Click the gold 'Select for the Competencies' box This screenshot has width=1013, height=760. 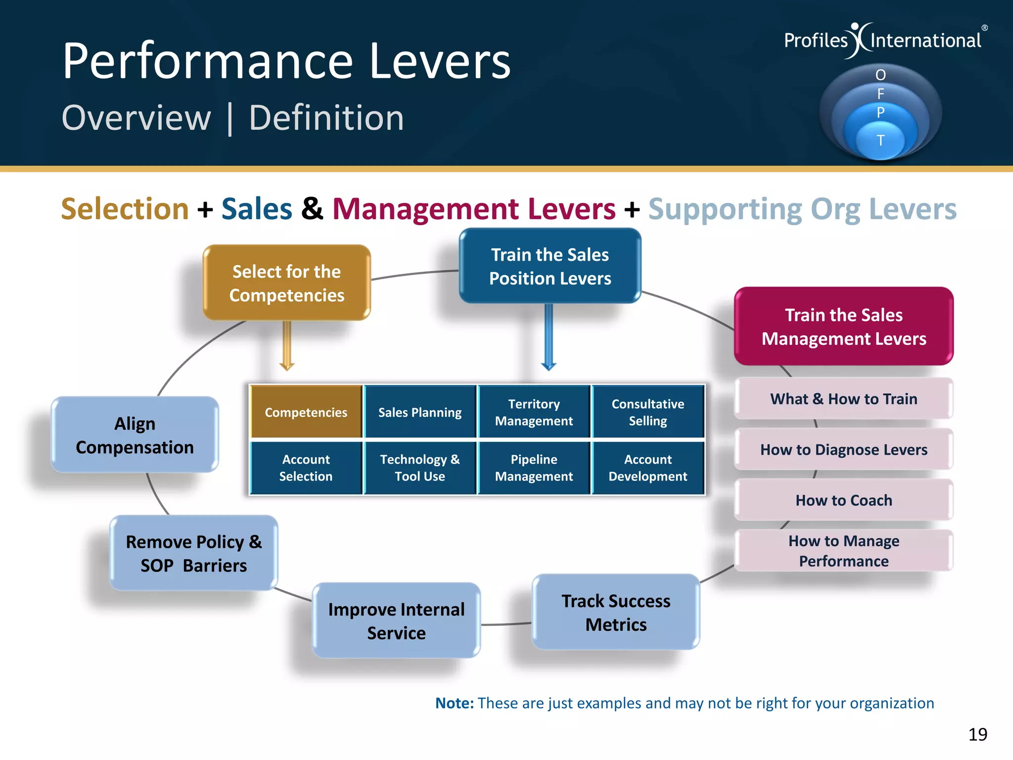286,283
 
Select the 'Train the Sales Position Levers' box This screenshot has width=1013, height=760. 550,266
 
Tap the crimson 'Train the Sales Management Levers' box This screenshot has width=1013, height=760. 843,327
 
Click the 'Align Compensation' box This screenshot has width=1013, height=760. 135,435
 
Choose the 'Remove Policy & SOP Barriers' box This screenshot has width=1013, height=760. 193,553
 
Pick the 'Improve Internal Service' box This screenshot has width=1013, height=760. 396,620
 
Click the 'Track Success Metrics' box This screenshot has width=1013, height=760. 615,613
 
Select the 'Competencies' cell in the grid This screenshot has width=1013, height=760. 306,412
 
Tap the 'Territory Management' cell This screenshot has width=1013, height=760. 534,412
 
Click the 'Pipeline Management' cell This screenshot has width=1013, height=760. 534,468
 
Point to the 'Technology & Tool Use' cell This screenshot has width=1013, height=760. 419,468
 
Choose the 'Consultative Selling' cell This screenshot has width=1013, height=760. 647,412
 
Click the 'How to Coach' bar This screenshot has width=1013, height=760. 843,500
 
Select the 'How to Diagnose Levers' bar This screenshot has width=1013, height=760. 843,449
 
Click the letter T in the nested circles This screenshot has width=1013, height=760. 880,141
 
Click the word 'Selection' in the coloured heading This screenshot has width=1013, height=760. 125,209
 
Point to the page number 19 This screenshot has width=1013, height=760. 977,734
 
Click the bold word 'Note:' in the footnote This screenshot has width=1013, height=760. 454,703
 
